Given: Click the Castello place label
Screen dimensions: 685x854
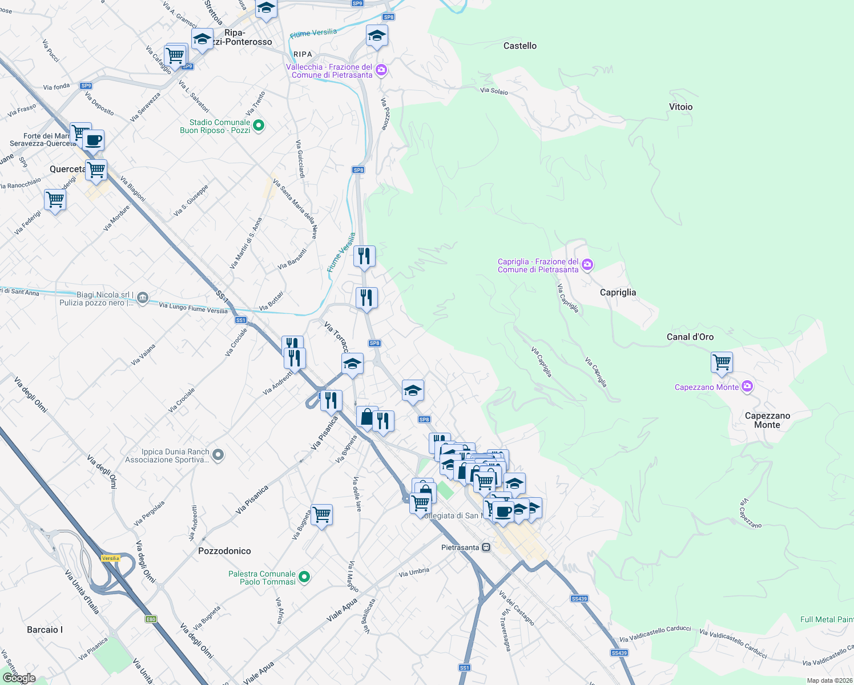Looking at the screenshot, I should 519,46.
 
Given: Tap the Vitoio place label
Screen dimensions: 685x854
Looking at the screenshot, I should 680,107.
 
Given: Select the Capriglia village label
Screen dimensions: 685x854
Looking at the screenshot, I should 618,292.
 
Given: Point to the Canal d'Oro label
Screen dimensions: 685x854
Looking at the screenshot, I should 690,337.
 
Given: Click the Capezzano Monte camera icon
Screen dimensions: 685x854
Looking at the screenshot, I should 747,387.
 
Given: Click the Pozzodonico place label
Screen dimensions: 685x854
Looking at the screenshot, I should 224,551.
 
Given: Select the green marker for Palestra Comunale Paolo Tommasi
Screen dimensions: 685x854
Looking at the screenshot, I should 304,577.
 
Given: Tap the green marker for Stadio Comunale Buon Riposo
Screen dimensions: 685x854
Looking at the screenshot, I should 258,126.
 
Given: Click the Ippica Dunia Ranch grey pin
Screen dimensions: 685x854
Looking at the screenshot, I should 218,455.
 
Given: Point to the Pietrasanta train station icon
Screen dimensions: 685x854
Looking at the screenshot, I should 486,547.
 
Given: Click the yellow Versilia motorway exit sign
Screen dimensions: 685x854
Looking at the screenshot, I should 111,558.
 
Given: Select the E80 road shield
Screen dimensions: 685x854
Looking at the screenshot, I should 151,619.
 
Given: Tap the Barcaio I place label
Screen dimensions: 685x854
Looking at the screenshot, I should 45,630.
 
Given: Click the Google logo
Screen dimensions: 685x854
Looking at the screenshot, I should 19,678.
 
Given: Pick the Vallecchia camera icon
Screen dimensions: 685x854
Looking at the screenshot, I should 381,70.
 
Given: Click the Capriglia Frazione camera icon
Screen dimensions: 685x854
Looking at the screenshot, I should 587,265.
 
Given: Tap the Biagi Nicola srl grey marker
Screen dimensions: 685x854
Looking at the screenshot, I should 143,297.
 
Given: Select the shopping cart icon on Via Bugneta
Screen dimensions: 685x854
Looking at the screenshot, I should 322,514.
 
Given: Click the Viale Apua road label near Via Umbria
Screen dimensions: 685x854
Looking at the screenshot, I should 342,610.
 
